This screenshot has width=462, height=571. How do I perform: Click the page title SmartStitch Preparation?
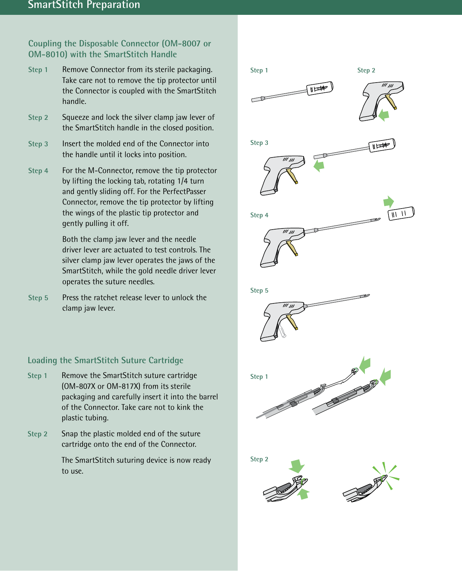[x=84, y=5]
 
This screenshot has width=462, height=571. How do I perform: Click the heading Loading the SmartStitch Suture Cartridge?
[x=105, y=360]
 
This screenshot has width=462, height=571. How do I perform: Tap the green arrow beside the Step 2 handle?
[x=384, y=116]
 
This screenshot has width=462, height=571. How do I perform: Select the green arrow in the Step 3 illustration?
[x=319, y=166]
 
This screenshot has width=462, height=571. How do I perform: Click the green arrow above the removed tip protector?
[x=388, y=201]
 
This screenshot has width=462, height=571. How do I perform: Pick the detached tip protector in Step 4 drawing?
[x=401, y=213]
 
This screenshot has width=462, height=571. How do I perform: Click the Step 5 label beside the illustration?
[x=259, y=290]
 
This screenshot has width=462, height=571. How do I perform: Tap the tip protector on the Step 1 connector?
[x=320, y=88]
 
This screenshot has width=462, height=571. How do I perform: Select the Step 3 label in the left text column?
[x=38, y=144]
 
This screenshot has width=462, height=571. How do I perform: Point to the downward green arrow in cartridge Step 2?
[x=297, y=466]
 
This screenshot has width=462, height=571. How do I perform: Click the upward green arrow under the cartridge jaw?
[x=303, y=494]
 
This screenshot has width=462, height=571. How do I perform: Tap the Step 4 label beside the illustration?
[x=259, y=215]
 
